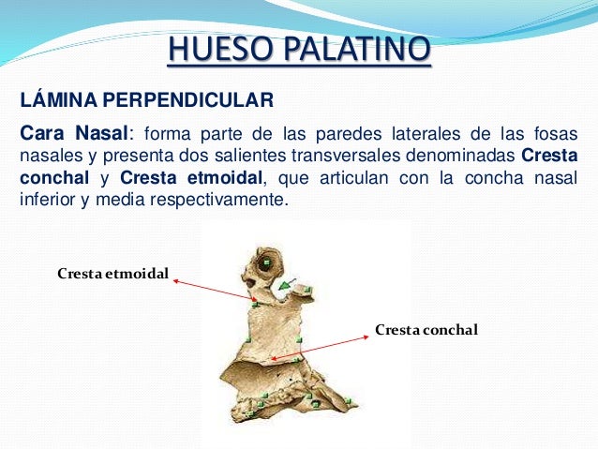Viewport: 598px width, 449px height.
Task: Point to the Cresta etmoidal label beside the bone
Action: (112, 275)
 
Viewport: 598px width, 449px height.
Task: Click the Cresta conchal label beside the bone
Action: (426, 330)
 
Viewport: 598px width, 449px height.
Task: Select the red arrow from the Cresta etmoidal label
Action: (216, 291)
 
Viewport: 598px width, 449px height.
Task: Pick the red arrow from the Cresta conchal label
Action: (319, 344)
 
